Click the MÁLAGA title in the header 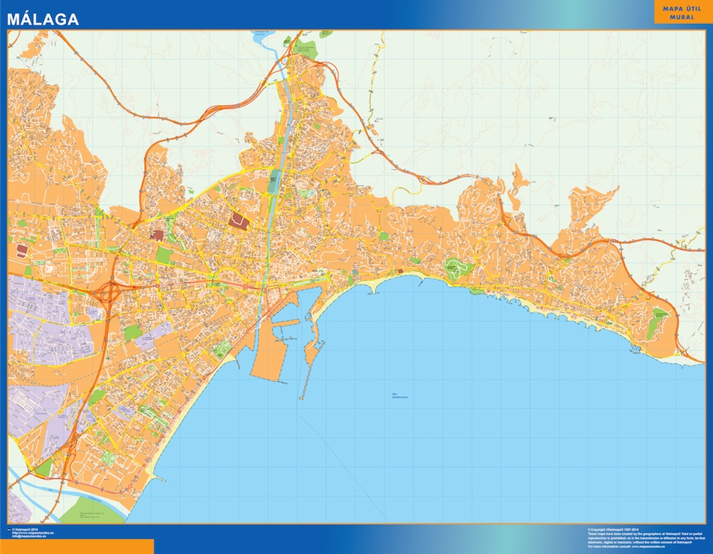43,20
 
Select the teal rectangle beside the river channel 275,180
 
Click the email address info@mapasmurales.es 30,536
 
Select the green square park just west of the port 221,349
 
